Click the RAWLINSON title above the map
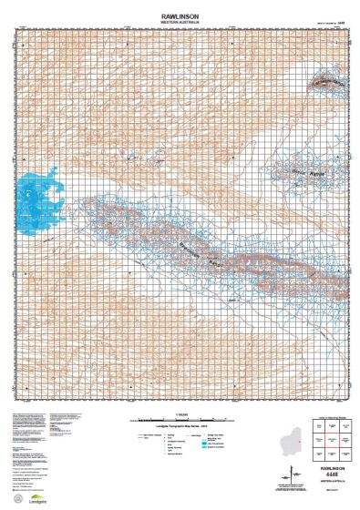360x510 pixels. point(180,12)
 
